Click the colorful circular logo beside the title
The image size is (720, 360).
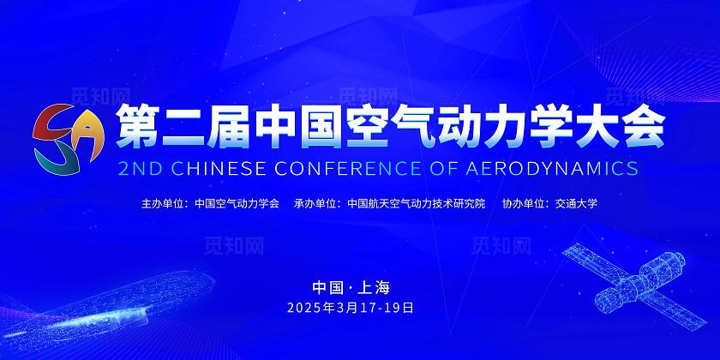(69, 140)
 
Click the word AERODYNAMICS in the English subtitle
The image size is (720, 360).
(552, 169)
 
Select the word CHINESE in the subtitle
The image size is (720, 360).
(219, 169)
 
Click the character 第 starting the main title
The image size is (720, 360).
(137, 125)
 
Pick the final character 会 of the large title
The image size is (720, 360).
(644, 125)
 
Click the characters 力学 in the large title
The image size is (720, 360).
(528, 125)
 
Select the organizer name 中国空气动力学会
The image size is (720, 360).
(237, 203)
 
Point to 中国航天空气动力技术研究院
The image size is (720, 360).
(417, 203)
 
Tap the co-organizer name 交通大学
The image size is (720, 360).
(576, 203)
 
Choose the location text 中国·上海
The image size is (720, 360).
(351, 287)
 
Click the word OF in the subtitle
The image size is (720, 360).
(443, 169)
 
